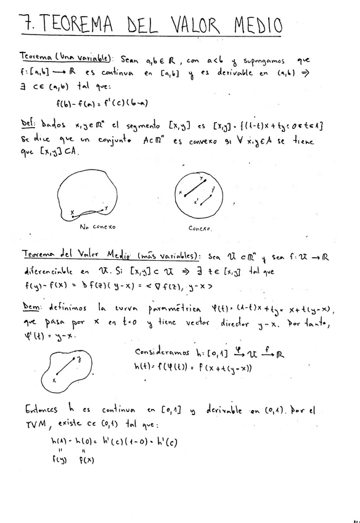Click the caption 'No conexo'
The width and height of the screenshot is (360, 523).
pyautogui.click(x=98, y=227)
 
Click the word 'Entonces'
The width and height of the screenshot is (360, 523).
pyautogui.click(x=43, y=409)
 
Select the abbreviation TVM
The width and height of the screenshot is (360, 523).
pyautogui.click(x=35, y=425)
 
